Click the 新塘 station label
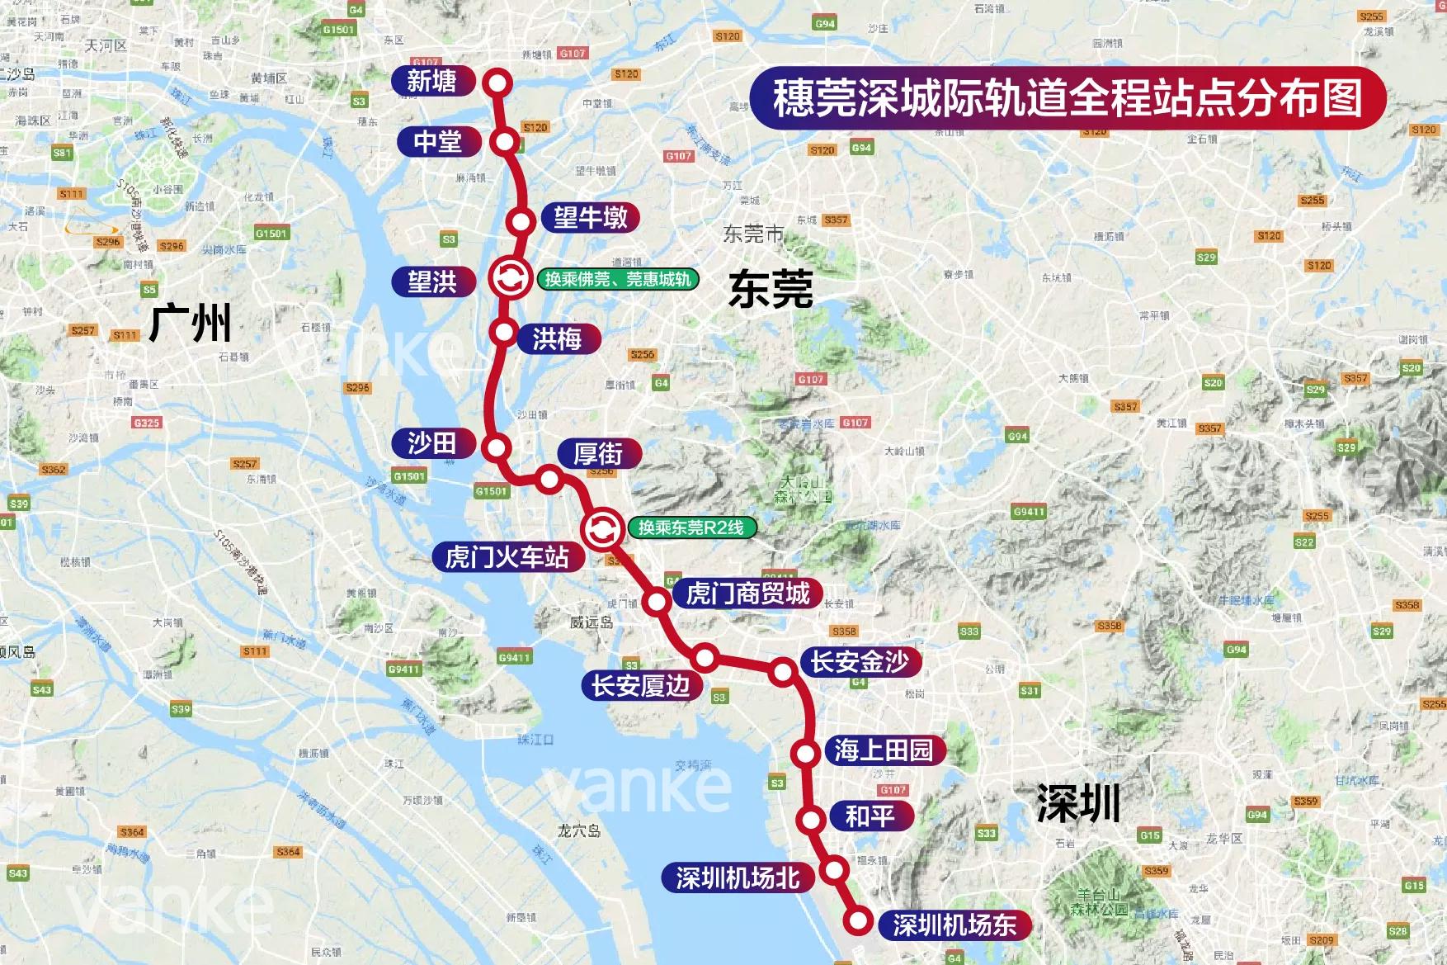(x=432, y=81)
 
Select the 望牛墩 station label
(x=591, y=218)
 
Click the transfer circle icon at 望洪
(x=510, y=278)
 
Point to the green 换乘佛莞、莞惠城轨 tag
(x=618, y=279)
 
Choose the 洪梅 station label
(x=558, y=338)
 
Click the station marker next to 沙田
(x=497, y=448)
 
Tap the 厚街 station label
(x=599, y=454)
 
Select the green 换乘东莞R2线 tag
(x=691, y=527)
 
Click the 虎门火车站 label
(x=507, y=557)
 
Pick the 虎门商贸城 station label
(x=748, y=594)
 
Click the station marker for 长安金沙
(x=782, y=672)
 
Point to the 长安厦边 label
(x=641, y=686)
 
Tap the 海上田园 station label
(x=884, y=750)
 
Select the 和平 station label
(x=870, y=816)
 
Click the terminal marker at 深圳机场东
(x=859, y=920)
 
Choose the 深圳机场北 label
(x=738, y=878)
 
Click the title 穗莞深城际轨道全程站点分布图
(x=1068, y=98)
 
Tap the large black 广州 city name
(x=191, y=323)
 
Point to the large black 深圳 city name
(x=1078, y=803)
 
